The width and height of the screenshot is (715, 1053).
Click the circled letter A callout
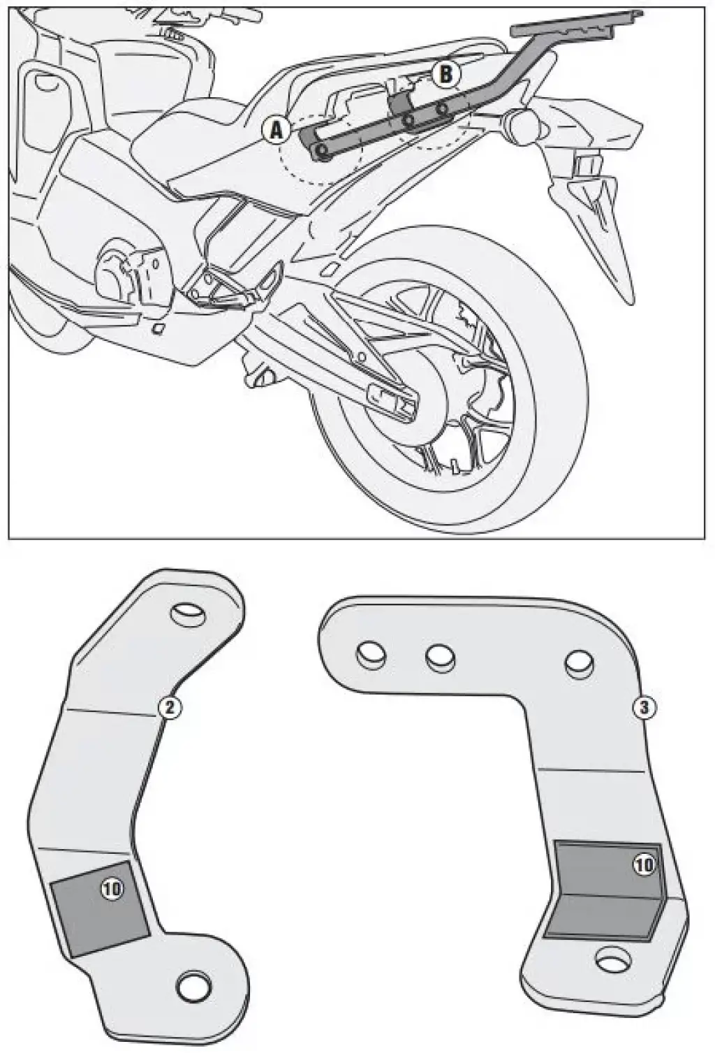coord(276,130)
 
